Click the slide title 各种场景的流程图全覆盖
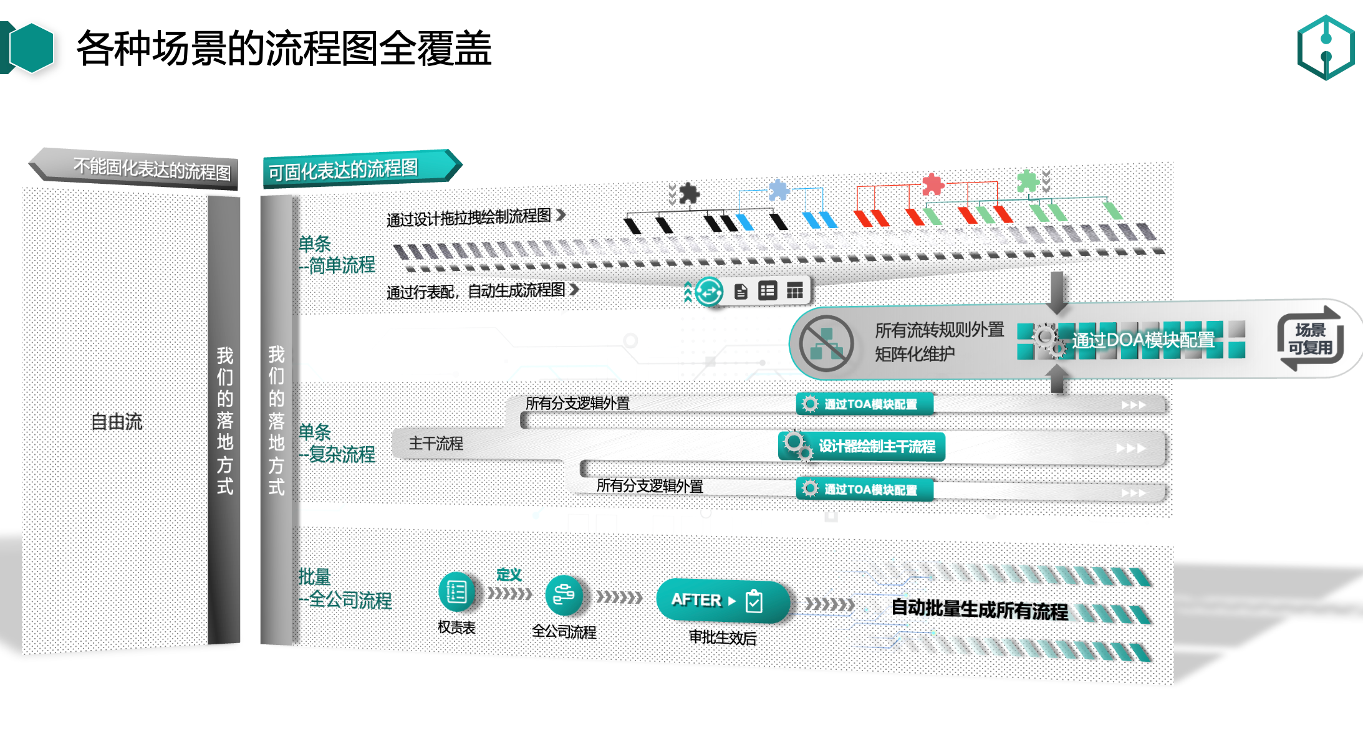284,49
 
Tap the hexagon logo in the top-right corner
1326,48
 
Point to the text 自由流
117,422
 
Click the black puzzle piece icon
688,193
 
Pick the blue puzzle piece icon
779,189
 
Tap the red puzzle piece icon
933,184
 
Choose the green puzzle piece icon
1027,181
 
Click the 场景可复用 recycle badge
1310,338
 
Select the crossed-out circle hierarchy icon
826,343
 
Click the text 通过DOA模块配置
1143,340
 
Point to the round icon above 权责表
456,591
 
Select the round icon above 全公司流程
564,594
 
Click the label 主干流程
436,444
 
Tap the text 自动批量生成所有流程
979,609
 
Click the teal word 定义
509,575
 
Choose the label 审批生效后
722,637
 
